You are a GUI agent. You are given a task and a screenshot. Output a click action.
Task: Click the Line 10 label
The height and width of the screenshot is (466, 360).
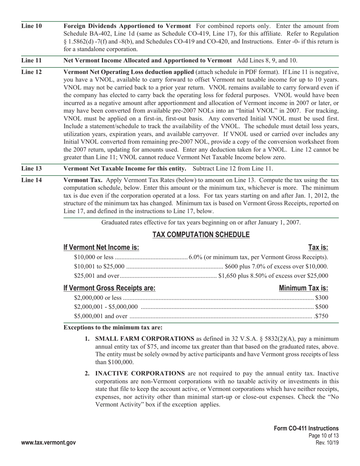tap(31, 26)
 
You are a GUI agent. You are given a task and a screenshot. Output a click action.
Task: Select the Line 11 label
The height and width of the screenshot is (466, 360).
tap(31, 61)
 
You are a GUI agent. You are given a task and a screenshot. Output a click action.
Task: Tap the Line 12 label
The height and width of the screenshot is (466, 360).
tap(31, 72)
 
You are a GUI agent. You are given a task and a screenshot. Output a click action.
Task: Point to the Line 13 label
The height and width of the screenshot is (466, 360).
tap(31, 169)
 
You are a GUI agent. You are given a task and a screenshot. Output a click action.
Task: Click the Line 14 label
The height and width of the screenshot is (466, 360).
tap(31, 180)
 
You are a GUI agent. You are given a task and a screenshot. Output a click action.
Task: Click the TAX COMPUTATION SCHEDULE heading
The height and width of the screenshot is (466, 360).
tap(201, 235)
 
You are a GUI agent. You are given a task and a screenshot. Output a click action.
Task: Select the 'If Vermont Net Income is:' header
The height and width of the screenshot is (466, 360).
tap(101, 248)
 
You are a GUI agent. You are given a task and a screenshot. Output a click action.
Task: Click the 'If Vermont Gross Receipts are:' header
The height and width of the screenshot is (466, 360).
tap(109, 288)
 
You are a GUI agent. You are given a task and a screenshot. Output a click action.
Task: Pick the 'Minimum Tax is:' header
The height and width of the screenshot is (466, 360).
tap(303, 288)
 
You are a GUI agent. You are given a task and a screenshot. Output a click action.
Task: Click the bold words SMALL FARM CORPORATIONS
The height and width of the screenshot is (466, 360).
tap(144, 339)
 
